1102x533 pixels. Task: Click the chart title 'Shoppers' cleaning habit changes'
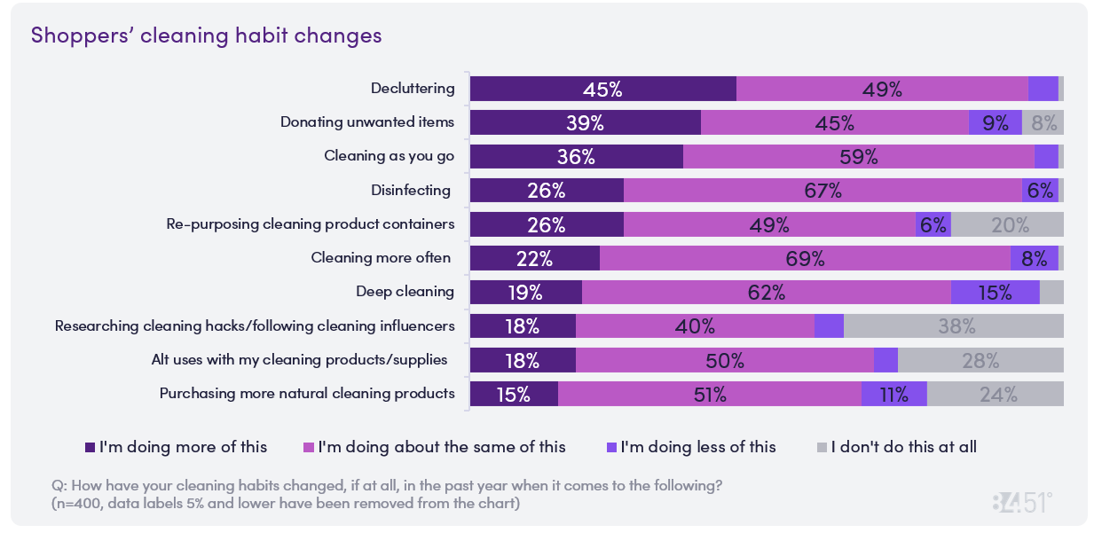[206, 35]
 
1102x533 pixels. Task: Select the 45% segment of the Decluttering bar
[602, 89]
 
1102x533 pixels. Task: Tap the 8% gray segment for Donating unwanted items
[1043, 122]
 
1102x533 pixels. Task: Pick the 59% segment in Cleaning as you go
[858, 156]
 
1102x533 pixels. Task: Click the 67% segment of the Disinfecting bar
[823, 190]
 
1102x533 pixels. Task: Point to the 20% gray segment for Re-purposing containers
[1007, 224]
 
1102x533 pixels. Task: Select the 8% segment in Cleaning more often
[1034, 258]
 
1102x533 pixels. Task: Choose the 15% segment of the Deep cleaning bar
[995, 292]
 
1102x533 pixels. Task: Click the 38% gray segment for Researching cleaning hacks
[954, 325]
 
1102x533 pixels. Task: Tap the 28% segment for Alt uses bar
[980, 360]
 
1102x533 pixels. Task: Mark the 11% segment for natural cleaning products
[893, 394]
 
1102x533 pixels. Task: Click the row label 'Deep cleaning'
[405, 292]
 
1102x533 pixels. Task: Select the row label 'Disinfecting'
[410, 190]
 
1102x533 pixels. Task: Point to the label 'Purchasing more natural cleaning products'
[307, 394]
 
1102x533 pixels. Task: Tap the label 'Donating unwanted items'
[367, 122]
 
